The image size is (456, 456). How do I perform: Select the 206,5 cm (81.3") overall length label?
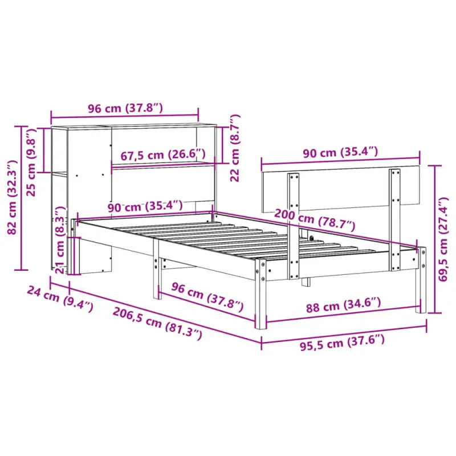pyautogui.click(x=157, y=323)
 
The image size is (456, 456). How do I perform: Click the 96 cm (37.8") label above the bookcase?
pyautogui.click(x=125, y=108)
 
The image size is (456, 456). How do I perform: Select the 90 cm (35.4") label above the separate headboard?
pyautogui.click(x=340, y=152)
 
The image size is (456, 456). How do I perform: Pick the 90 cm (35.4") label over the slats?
pyautogui.click(x=145, y=206)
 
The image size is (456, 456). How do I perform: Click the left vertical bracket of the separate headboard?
pyautogui.click(x=294, y=225)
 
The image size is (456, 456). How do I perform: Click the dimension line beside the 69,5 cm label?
pyautogui.click(x=435, y=239)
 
